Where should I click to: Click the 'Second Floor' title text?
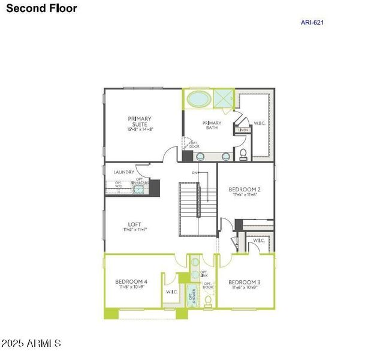coord(41,8)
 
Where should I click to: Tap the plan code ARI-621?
coord(312,23)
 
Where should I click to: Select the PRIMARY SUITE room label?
coord(139,122)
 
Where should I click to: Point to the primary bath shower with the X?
coord(224,98)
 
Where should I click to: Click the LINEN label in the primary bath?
coord(242,130)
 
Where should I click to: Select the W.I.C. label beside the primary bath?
coord(260,124)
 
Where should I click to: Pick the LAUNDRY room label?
coord(124,172)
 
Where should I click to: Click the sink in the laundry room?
coord(139,189)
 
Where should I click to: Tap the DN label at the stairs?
coord(195,173)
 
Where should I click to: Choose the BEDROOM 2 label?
coord(244,190)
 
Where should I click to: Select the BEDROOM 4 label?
coord(131,281)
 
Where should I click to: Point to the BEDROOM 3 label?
coord(244,282)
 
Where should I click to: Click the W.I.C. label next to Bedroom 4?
coord(171,292)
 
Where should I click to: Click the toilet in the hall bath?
coord(207,300)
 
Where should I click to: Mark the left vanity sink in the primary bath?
coord(200,156)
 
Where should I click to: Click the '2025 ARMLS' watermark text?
coord(31,344)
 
